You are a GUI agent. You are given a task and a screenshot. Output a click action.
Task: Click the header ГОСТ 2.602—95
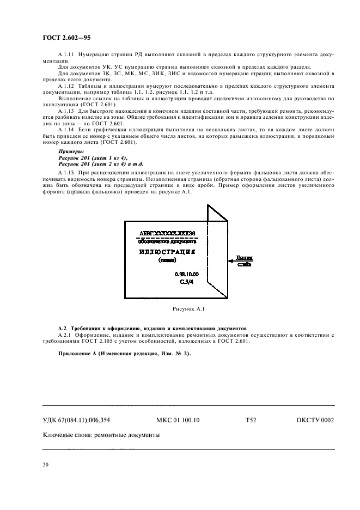[60, 37]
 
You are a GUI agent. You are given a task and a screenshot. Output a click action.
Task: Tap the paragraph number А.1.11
[66, 56]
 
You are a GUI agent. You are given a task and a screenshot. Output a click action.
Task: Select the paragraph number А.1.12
[66, 86]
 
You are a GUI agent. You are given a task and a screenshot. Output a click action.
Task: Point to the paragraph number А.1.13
[66, 111]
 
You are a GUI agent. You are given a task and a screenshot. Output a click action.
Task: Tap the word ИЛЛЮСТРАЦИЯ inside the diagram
[167, 253]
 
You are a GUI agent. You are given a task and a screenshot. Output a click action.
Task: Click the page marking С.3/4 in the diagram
[187, 283]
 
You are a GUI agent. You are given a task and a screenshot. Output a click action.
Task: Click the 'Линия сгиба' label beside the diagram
[245, 262]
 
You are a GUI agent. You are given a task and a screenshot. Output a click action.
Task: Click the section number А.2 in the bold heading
[62, 330]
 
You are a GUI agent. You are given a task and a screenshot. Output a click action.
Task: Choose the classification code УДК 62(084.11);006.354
[80, 420]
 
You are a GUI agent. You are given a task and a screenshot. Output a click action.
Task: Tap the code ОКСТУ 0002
[315, 420]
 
